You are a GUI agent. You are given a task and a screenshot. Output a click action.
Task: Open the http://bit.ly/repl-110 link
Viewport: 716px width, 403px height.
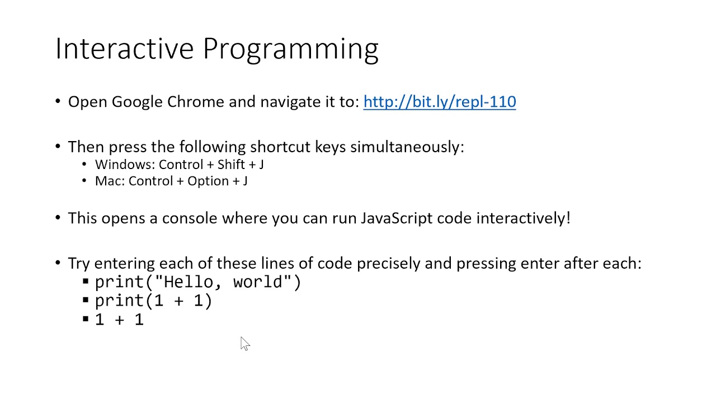click(439, 102)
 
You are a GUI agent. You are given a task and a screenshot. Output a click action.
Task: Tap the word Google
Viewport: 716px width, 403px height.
click(137, 102)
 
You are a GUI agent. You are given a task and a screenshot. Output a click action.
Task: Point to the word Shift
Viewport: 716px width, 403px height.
click(231, 165)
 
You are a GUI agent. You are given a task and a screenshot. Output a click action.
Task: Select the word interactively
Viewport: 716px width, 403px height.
click(522, 218)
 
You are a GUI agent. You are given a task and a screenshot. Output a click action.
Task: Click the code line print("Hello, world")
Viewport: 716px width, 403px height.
click(198, 282)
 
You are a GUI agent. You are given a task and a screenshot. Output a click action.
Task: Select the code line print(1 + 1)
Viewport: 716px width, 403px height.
click(153, 301)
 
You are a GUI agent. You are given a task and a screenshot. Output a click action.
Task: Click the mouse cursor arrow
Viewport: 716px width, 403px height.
click(244, 343)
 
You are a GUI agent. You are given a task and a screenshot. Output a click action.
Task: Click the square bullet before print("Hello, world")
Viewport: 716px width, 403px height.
click(86, 282)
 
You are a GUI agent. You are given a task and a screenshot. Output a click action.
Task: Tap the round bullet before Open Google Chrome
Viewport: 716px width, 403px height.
click(58, 102)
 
